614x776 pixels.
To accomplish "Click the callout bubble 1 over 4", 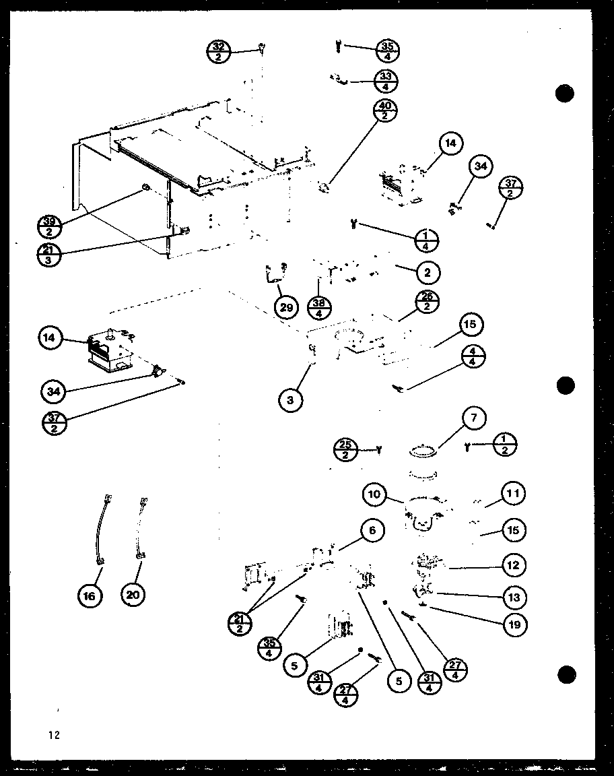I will point(427,240).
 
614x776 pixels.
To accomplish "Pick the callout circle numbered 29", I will point(287,307).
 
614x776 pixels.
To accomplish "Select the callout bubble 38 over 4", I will point(320,307).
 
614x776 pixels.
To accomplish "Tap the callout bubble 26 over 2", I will point(427,302).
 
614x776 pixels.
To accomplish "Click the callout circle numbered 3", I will point(290,400).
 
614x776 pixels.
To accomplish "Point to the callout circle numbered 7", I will point(474,419).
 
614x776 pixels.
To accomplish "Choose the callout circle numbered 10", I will point(375,495).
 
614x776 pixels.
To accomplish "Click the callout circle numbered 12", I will point(513,565).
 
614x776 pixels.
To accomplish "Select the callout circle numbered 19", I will point(514,624).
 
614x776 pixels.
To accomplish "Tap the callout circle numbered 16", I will point(91,595).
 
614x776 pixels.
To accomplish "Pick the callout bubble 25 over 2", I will point(346,449).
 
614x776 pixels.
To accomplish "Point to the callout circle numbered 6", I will point(372,531).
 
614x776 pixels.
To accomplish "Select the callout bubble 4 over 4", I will point(474,358).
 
